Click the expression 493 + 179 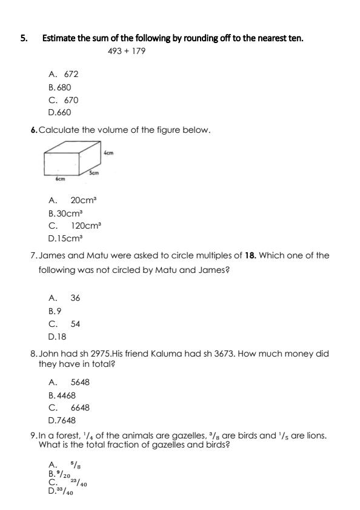tap(126, 51)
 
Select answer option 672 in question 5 tap(71, 74)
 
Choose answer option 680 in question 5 tap(64, 87)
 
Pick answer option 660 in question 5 tap(64, 113)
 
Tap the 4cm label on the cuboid tap(109, 153)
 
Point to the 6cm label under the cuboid tap(60, 179)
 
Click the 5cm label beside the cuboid tap(94, 173)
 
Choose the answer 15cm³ tap(68, 238)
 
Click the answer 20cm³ tap(84, 200)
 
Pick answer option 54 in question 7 tap(75, 324)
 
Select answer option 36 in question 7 tap(75, 298)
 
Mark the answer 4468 tap(66, 395)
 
